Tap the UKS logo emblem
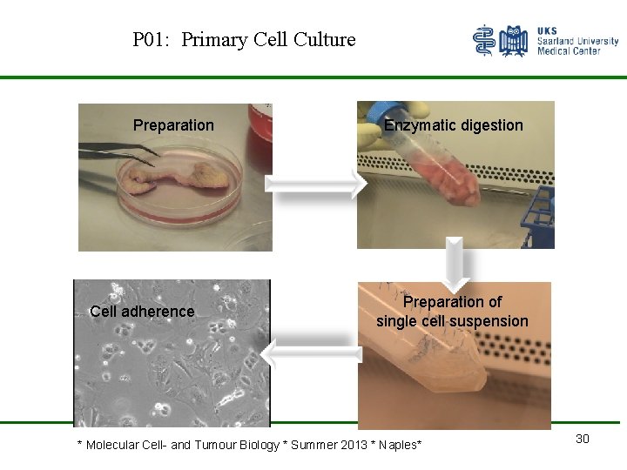[501, 41]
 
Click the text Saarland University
[578, 41]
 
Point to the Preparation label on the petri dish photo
[173, 125]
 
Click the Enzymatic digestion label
[454, 125]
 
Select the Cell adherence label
[142, 312]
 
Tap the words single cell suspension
[452, 321]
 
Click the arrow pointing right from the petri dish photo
[316, 185]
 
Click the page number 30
[583, 439]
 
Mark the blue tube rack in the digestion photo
[536, 218]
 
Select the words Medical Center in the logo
[569, 51]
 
